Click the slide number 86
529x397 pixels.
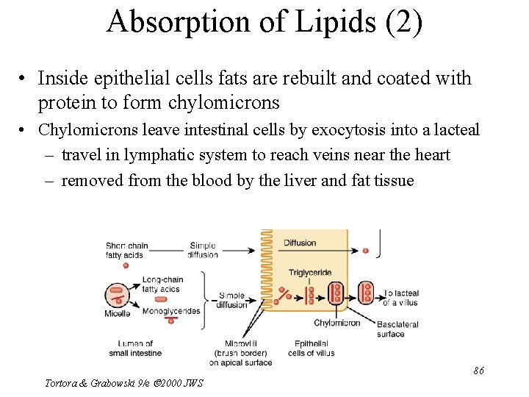[478, 371]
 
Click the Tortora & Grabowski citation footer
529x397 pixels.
[123, 383]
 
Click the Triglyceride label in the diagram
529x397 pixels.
[310, 273]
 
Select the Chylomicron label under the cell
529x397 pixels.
[337, 323]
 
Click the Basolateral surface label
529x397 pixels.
[397, 329]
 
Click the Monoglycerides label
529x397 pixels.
[171, 311]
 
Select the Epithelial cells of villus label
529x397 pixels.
[314, 348]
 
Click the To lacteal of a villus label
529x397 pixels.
[401, 298]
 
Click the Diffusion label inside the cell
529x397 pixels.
[300, 243]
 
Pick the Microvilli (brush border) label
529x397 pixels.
[240, 353]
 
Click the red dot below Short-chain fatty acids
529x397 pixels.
[126, 265]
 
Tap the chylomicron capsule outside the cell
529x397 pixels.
[366, 292]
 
